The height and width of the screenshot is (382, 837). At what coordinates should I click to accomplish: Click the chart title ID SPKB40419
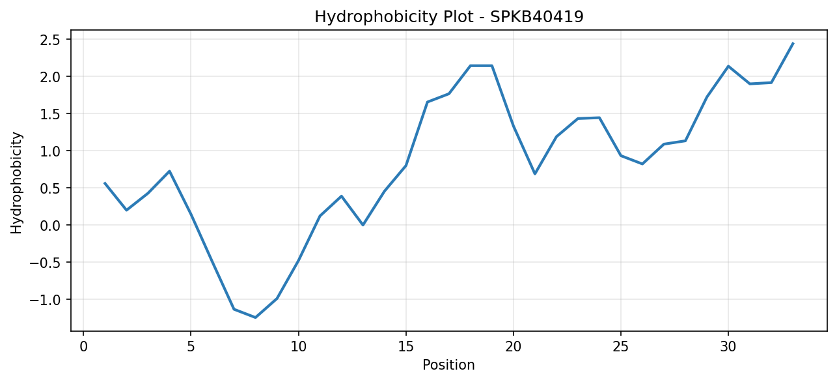coord(536,17)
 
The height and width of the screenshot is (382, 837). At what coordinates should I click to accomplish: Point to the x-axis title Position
coord(448,365)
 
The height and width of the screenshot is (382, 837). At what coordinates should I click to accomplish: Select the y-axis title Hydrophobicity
coord(16,183)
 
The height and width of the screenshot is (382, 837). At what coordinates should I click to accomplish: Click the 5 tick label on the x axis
coord(191,347)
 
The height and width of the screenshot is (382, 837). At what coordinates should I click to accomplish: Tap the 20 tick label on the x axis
coord(514,347)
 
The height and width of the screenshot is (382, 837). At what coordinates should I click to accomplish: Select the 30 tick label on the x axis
coord(728,347)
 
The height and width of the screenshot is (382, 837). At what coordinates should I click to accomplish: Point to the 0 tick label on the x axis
coord(83,347)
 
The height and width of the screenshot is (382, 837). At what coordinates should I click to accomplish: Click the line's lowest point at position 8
coord(255,317)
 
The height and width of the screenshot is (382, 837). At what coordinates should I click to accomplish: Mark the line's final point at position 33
coord(793,44)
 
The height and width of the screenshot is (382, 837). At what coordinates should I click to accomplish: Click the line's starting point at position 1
coord(105,183)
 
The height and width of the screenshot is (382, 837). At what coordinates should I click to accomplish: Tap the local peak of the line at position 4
coord(170,171)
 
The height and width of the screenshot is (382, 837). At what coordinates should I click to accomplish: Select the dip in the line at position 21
coord(535,174)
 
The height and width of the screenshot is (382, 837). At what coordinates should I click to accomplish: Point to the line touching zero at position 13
coord(363,225)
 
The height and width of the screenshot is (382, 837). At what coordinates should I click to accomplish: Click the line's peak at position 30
coord(728,66)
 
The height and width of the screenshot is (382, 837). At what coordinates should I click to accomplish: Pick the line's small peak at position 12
coord(342,196)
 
